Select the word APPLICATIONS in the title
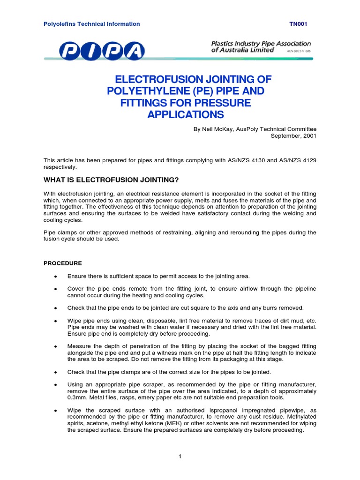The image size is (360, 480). (x=186, y=115)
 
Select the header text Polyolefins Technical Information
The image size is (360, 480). (x=91, y=24)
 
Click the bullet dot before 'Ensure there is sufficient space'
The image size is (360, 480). (x=56, y=276)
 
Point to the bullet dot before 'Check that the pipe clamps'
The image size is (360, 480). (x=56, y=372)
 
